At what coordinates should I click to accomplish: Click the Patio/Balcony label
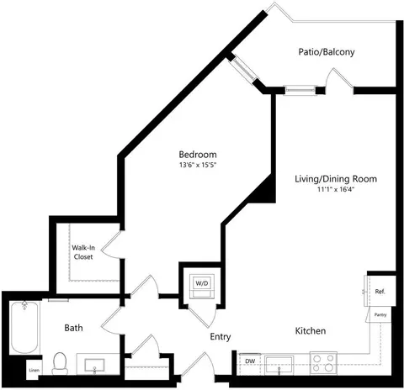(327, 52)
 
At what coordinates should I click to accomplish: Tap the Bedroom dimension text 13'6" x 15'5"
(198, 165)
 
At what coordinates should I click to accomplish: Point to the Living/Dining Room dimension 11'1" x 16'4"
(336, 189)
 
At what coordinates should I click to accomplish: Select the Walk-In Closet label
(83, 252)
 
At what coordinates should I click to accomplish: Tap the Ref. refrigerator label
(380, 292)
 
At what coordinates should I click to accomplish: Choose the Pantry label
(380, 315)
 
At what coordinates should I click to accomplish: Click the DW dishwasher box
(249, 364)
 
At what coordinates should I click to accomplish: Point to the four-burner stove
(323, 363)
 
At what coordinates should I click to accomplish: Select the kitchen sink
(279, 366)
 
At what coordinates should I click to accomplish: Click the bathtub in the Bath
(24, 327)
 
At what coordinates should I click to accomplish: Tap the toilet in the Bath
(60, 364)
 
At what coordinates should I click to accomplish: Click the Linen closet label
(35, 370)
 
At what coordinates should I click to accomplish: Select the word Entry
(221, 336)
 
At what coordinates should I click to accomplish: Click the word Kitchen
(311, 330)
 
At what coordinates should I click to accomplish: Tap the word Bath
(73, 328)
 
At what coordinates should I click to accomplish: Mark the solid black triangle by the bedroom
(263, 192)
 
